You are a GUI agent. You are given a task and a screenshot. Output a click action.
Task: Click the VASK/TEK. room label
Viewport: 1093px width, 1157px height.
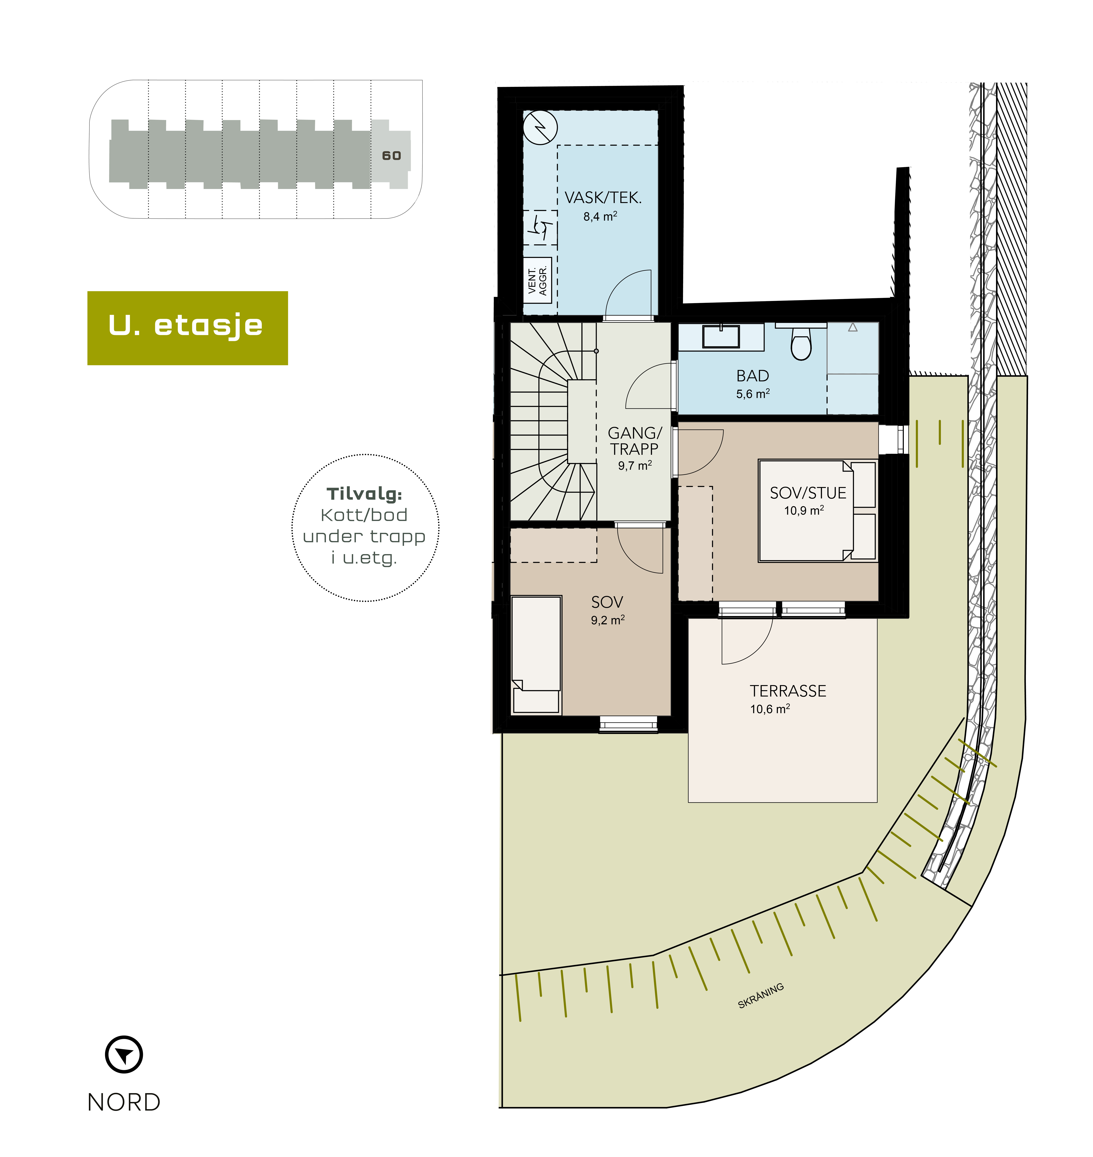point(603,198)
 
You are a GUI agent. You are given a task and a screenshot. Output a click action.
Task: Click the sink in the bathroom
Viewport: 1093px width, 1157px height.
point(721,337)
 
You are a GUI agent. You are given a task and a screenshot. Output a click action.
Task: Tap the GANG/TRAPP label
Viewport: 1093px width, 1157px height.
point(635,441)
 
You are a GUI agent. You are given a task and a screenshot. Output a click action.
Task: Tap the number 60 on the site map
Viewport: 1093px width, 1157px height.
point(391,156)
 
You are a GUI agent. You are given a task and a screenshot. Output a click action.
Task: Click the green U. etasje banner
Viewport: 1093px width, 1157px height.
point(188,328)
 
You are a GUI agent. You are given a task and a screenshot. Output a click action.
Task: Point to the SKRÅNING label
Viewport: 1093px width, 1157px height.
point(761,996)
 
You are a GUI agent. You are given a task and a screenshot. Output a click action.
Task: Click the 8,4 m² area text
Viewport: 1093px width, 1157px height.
point(600,217)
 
